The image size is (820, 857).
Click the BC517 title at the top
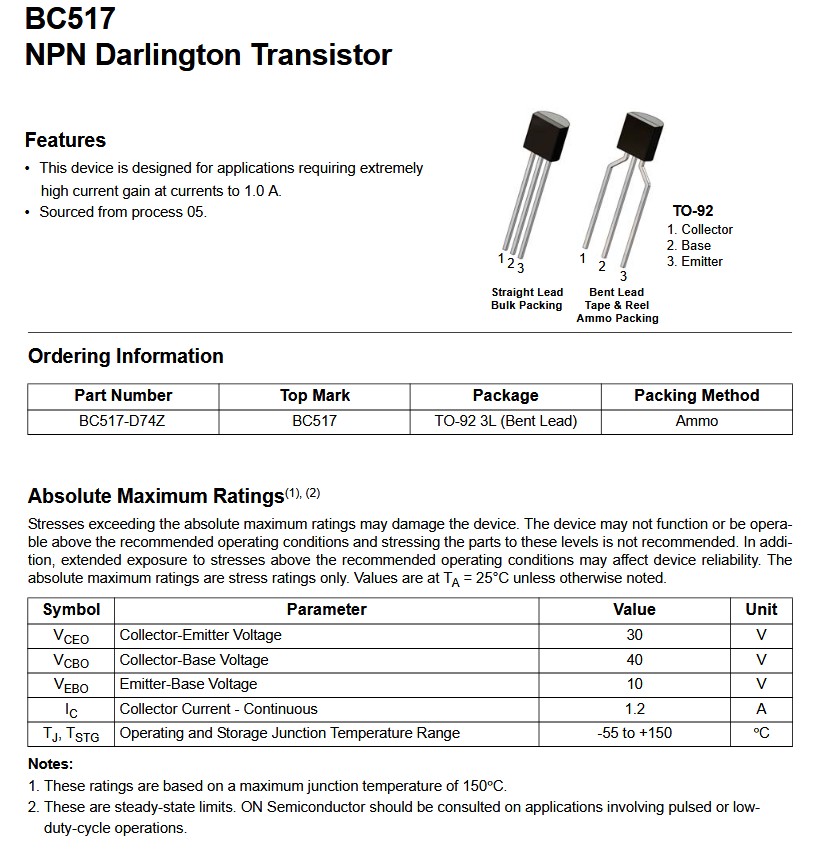(70, 18)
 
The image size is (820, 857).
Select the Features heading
(65, 140)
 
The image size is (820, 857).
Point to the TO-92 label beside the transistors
(693, 211)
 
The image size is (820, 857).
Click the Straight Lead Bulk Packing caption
(527, 299)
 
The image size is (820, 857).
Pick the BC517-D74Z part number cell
(122, 421)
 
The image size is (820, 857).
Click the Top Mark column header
(315, 396)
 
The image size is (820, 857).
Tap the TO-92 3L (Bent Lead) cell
(506, 421)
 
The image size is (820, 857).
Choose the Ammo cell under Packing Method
(697, 421)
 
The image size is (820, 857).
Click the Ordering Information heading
(126, 356)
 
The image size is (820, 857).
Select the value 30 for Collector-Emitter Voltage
(634, 635)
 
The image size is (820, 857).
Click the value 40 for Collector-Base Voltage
(634, 660)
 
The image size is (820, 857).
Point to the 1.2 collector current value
(634, 709)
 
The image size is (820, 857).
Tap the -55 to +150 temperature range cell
(634, 733)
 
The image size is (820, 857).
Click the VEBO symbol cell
(71, 685)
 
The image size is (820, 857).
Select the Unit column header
(761, 609)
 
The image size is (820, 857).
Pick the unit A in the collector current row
(761, 709)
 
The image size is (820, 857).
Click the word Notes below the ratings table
(50, 764)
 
